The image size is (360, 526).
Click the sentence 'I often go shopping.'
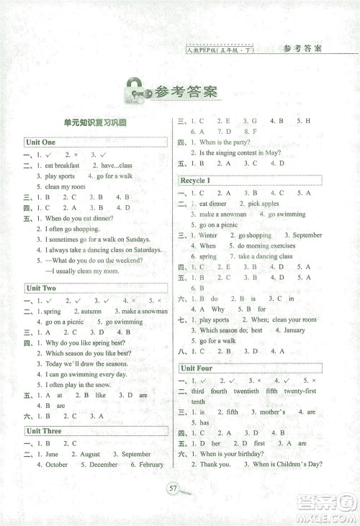tap(75, 228)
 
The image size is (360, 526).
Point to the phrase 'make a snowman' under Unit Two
tap(145, 312)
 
